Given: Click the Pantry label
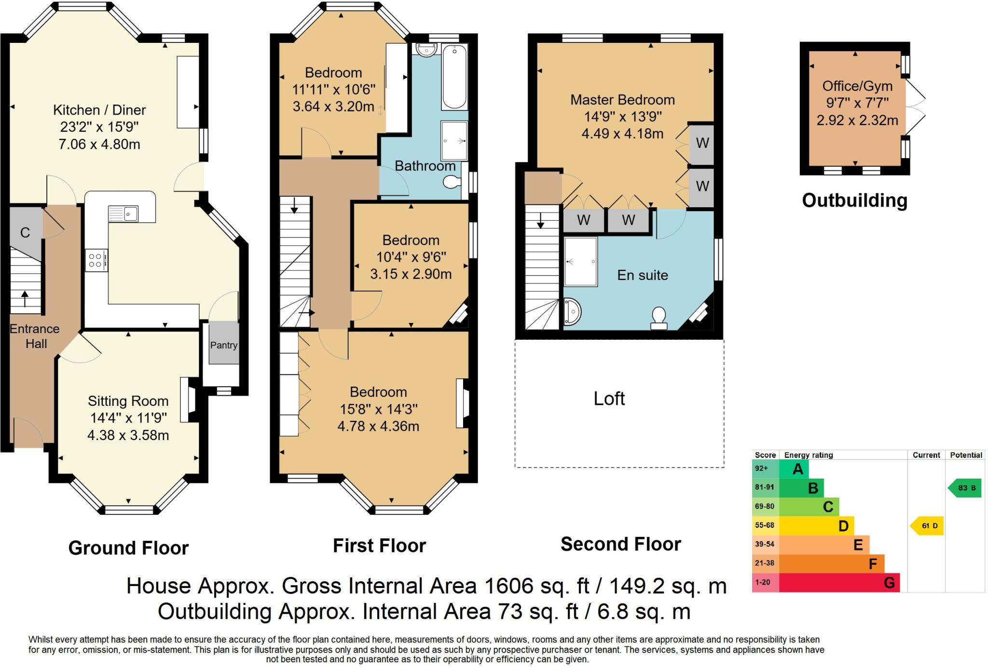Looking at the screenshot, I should (x=223, y=345).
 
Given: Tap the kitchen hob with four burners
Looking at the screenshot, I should (x=96, y=260).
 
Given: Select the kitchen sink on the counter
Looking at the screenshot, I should (x=123, y=214).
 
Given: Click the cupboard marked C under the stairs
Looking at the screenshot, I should (x=25, y=233).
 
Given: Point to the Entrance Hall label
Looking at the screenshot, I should (x=35, y=336).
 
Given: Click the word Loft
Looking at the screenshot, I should (x=609, y=399).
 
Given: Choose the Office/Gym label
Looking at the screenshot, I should (x=857, y=86).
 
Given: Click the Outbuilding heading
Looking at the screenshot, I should (x=854, y=201).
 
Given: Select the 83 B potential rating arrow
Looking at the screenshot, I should (x=965, y=488).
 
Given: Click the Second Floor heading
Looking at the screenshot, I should (x=620, y=544).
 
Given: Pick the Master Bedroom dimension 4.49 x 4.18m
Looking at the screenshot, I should (x=622, y=134).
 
